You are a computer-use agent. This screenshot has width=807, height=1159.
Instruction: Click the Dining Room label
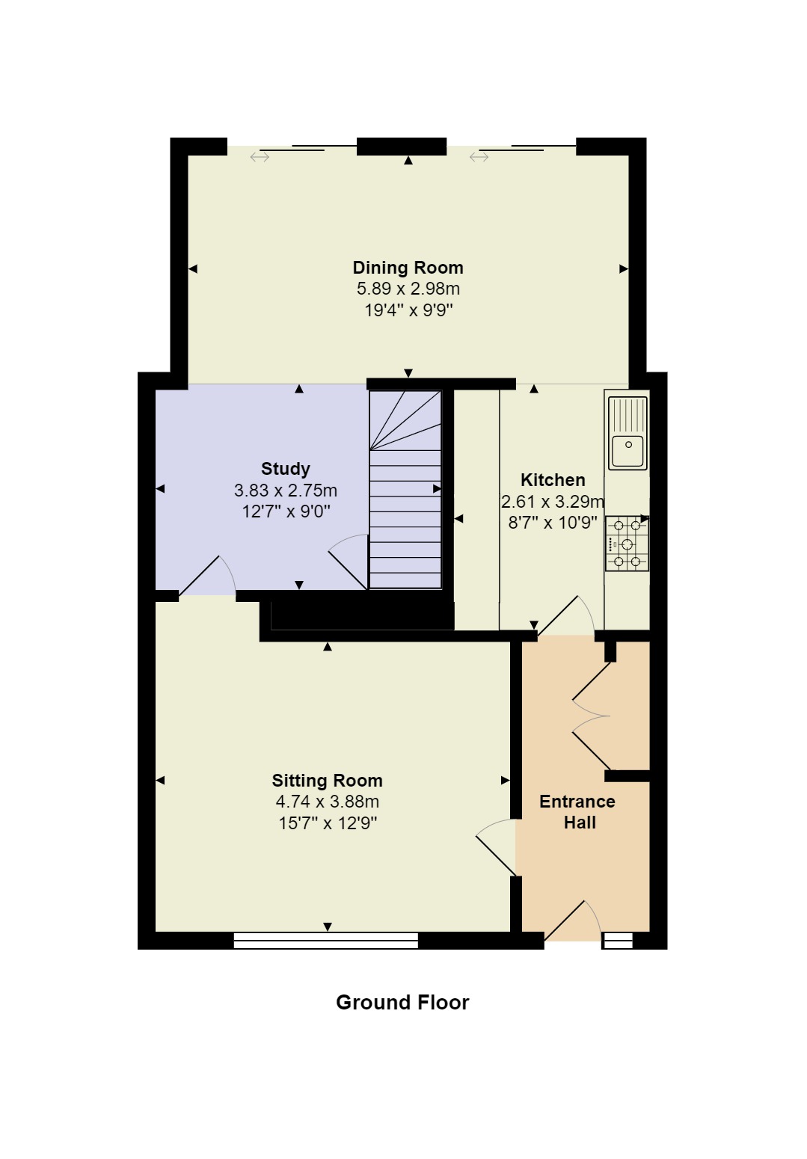(x=408, y=268)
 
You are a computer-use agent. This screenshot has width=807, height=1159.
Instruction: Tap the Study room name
(x=285, y=469)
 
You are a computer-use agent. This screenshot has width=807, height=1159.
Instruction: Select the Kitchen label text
(x=553, y=480)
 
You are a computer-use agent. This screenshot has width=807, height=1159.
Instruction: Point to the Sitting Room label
(x=327, y=781)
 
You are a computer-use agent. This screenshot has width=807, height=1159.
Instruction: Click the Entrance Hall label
(x=577, y=812)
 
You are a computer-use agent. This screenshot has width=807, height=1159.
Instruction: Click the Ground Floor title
(x=402, y=1003)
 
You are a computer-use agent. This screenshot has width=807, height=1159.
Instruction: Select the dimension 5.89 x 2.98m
(x=408, y=289)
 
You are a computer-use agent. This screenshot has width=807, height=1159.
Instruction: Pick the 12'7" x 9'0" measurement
(x=285, y=511)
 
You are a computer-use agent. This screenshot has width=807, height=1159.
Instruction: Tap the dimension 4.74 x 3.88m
(x=327, y=802)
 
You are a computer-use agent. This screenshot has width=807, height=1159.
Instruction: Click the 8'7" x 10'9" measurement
(x=553, y=523)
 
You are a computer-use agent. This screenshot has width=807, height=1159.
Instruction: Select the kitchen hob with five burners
(x=627, y=544)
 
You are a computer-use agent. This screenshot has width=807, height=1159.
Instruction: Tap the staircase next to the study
(x=405, y=490)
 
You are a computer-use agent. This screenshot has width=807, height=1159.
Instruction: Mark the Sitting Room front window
(x=325, y=941)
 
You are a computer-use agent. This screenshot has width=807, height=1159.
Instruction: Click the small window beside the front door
(x=618, y=941)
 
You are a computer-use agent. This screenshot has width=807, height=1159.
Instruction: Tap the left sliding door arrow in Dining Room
(x=260, y=157)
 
